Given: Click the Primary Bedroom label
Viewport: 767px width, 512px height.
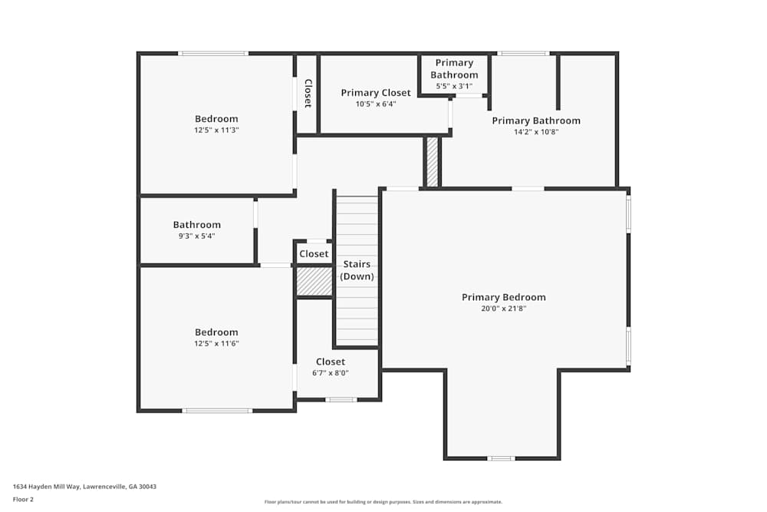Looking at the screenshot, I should point(503,297).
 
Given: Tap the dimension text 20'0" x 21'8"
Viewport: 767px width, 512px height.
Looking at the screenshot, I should point(503,309).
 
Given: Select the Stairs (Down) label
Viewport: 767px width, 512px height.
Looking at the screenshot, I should point(357,270).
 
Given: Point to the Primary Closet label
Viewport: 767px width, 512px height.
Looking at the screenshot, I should point(376,93).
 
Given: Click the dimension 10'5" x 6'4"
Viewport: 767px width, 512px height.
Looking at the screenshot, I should point(376,104).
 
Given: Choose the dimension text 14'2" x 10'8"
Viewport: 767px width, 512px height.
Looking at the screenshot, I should point(535,132).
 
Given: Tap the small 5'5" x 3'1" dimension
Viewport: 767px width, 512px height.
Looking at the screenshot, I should point(454,86).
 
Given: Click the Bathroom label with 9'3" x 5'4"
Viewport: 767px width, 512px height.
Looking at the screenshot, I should point(196,225).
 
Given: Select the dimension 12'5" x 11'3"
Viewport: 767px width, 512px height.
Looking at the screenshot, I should point(216,130).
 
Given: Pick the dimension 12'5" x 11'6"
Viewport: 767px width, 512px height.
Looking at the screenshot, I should point(216,344).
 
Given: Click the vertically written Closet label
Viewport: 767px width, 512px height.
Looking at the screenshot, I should point(308,92).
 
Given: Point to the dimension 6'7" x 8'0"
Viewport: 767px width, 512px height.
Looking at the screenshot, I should point(331,373).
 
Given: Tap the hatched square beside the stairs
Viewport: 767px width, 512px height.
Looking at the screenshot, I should point(314,281).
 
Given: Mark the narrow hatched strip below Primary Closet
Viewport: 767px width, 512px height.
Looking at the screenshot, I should point(432,162).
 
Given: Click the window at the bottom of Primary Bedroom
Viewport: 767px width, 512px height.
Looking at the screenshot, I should point(502,458).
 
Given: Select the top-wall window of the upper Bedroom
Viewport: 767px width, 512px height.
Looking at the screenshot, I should point(213,53).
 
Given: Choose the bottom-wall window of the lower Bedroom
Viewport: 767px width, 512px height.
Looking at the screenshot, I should point(217,411).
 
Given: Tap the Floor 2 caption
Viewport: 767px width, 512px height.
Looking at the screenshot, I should point(24,499).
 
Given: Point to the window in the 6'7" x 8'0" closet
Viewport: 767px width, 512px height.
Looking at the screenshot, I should point(341,400).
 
